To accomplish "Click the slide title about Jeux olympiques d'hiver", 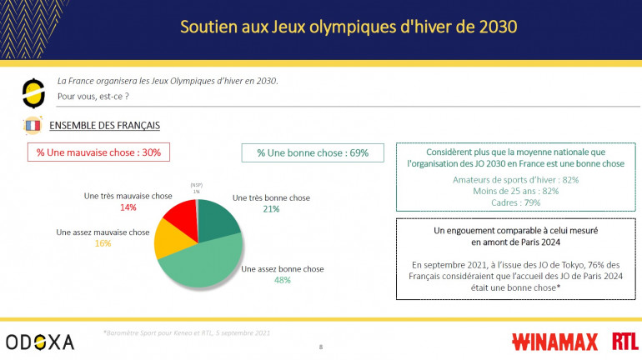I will (349, 27).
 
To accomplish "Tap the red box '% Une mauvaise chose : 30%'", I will (98, 152).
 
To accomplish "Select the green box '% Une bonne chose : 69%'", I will (306, 152).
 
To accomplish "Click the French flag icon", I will (33, 126).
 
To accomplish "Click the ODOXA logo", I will (40, 341).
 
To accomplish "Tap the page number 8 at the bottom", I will (321, 345).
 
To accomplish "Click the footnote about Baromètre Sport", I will (188, 332).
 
